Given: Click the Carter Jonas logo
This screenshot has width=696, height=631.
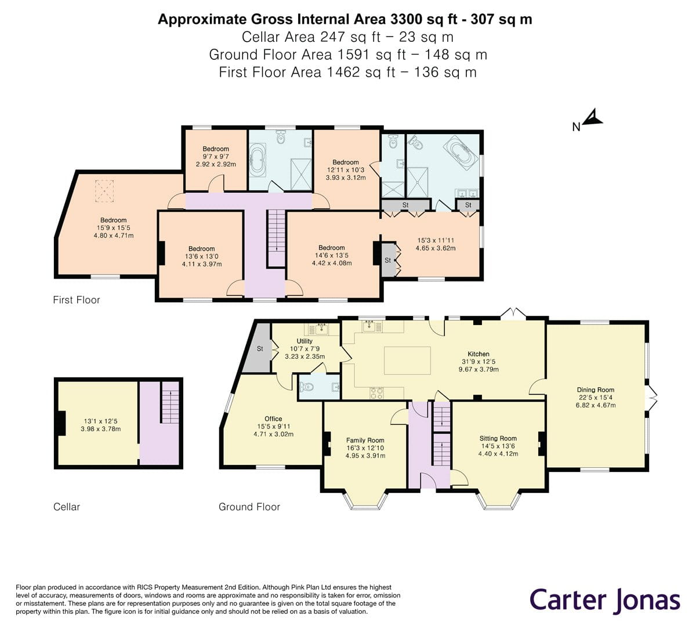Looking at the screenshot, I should pos(604,600).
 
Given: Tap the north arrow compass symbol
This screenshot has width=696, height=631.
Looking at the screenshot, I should pos(592,118).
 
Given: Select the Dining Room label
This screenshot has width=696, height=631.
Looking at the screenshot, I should pos(595,390).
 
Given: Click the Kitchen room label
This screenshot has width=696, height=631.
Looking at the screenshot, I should pos(478,354).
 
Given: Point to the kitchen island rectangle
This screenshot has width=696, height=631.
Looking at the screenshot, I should pos(407,360).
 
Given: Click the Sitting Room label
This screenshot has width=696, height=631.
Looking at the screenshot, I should pos(498,439).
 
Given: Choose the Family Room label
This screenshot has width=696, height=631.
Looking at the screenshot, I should pos(365,441).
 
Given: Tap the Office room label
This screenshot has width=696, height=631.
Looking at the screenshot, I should pos(273,419).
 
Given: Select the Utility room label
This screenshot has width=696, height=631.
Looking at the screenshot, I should pos(304,341).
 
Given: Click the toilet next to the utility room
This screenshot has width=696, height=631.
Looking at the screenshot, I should pos(307,387).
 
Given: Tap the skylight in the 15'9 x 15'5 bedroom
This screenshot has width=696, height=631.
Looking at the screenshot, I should pos(105,190).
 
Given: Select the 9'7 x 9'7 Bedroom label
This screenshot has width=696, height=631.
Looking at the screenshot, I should pos(215,149).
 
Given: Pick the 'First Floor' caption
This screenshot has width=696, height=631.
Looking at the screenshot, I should pos(76,300).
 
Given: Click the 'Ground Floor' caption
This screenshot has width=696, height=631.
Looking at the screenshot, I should pos(249,507).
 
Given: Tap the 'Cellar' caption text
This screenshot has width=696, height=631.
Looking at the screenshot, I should pos(66,507).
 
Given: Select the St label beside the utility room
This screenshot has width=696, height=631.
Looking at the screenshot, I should pos(260,349).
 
